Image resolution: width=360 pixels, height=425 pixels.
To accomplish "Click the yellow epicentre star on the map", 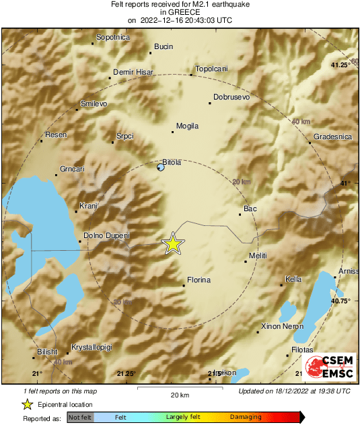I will [x=173, y=243].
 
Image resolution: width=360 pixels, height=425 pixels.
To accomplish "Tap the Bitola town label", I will [x=173, y=162].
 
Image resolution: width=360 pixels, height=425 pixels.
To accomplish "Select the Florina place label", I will [x=199, y=280].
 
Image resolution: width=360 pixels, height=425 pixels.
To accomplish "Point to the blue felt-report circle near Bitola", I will [x=160, y=167].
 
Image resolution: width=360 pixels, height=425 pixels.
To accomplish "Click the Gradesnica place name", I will [x=332, y=137].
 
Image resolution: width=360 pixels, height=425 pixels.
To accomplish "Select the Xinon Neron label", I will [x=282, y=326].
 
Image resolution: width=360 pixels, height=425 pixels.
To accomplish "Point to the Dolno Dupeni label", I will [x=106, y=236].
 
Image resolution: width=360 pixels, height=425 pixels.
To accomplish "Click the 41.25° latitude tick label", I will [x=340, y=65].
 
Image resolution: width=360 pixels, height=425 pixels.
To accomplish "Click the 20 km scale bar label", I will [x=180, y=394].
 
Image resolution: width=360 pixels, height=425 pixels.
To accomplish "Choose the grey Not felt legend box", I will [x=79, y=418].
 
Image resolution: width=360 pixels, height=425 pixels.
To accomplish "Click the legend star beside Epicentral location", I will [x=26, y=404].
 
